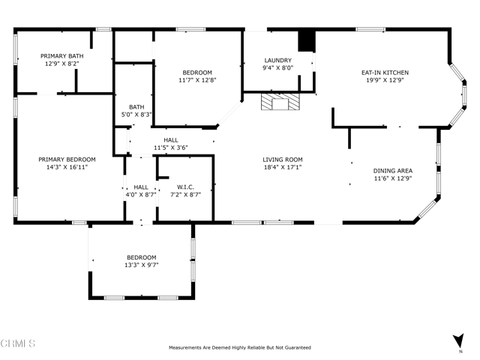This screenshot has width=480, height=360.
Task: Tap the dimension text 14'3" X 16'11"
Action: pos(67,167)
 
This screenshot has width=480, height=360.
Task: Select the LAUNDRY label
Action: pos(277,60)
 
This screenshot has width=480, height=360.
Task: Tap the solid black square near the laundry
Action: pos(307,40)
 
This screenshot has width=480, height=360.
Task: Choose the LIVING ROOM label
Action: pos(282,159)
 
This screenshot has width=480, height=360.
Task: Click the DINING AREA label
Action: pos(393,170)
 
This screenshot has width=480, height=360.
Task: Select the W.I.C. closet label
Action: pos(185,186)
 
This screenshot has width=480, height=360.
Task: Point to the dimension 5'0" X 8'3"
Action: pos(136,115)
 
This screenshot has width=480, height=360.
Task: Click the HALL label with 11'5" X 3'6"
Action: pos(170,139)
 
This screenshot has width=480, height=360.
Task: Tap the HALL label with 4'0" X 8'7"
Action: pos(141,187)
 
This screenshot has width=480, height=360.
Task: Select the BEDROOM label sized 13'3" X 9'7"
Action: pos(141,257)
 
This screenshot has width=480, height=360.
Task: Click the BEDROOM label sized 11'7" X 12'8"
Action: pos(196,72)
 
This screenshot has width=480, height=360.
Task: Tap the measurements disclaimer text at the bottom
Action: pos(239,348)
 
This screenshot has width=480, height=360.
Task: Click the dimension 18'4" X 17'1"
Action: pos(282,167)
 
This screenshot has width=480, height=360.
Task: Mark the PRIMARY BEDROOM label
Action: pos(67,159)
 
